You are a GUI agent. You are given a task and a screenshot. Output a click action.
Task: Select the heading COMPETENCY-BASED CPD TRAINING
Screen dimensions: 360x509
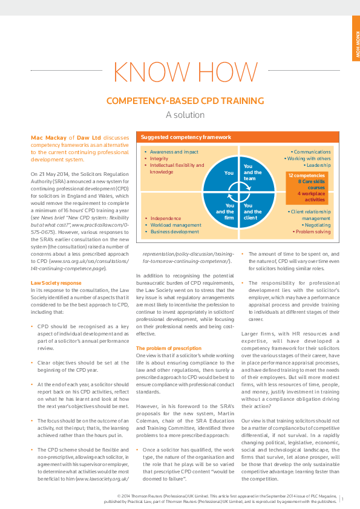tap(180, 100)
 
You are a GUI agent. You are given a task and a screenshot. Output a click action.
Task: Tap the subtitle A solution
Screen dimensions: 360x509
tap(180, 114)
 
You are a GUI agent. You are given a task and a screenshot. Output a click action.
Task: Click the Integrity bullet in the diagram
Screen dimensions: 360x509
tap(159, 159)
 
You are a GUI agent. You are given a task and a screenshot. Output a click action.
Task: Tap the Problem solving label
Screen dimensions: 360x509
tap(313, 232)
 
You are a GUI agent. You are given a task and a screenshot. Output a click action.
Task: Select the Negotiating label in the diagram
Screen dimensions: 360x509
tap(316, 224)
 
